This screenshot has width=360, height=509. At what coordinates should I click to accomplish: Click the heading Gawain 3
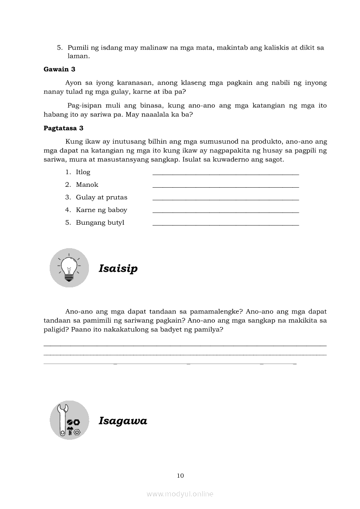coord(60,69)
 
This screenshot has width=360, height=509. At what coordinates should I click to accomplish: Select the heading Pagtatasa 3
coord(64,128)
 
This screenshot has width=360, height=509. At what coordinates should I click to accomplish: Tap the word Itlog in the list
coord(83,172)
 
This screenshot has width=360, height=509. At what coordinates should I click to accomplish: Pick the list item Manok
coord(87,185)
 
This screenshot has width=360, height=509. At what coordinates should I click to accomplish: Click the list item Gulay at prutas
coord(102,197)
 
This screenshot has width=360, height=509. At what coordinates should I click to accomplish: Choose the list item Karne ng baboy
coord(102,210)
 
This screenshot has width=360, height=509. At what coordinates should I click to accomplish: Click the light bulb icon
coord(69,267)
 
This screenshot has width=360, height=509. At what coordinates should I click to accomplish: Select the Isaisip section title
coord(118,268)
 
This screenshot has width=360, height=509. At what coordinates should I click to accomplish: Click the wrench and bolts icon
coord(69,420)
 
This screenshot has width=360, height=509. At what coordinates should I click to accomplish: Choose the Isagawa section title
coord(123,421)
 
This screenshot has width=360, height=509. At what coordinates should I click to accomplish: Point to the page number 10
coord(180,475)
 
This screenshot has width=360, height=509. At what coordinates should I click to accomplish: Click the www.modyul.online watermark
coord(180,494)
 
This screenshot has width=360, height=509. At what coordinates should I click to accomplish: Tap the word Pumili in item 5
coord(78,48)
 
